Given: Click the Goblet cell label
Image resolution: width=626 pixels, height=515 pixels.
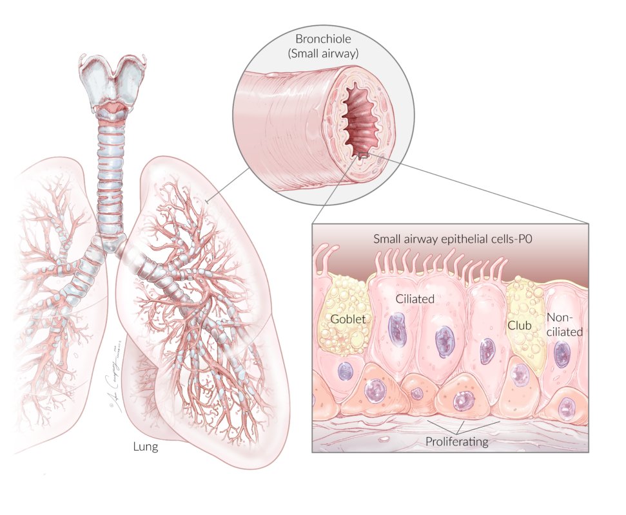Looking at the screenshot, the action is tap(348, 319).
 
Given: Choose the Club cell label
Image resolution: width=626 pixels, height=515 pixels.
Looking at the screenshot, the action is tap(519, 326).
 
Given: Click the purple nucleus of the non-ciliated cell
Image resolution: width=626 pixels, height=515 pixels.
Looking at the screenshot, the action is tap(562, 353).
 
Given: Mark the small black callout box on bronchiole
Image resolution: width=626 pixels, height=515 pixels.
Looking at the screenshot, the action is tap(363, 155).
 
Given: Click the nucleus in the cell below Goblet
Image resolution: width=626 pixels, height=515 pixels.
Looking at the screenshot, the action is tap(346, 371).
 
